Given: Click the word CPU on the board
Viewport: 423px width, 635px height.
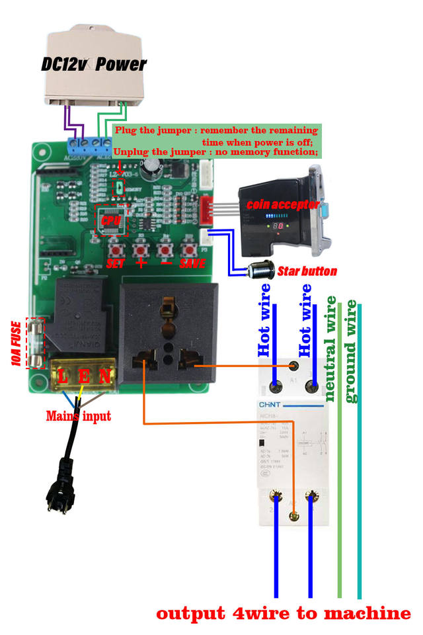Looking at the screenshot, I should pyautogui.click(x=109, y=218).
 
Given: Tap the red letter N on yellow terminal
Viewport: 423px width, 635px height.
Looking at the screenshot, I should pyautogui.click(x=104, y=377).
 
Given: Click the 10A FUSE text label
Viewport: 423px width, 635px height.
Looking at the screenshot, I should pyautogui.click(x=15, y=342).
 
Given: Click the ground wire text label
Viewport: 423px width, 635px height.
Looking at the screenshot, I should pyautogui.click(x=351, y=351).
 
